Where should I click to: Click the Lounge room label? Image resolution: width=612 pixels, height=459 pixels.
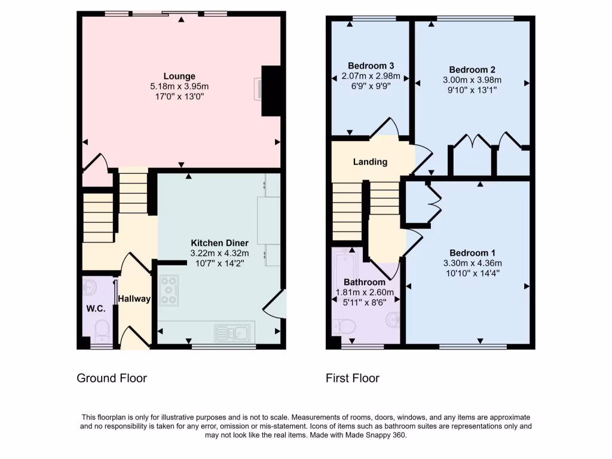point(179,76)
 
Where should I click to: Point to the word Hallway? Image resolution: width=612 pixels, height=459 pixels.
point(134,299)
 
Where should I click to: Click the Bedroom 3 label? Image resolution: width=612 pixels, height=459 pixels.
point(371,66)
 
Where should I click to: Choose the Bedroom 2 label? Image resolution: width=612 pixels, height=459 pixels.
point(472,69)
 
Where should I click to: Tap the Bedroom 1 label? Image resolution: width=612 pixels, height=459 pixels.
point(472,252)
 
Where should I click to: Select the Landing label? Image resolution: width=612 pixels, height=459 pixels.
point(370,161)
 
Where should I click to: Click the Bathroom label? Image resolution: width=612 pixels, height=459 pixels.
point(365,282)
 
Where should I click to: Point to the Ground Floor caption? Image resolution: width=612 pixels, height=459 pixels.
point(112,378)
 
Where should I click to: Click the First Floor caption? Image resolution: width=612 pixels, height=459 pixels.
point(353,378)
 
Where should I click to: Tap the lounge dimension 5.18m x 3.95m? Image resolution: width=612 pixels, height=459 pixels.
point(179,87)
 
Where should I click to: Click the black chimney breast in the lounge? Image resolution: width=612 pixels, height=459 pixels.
point(271,90)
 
